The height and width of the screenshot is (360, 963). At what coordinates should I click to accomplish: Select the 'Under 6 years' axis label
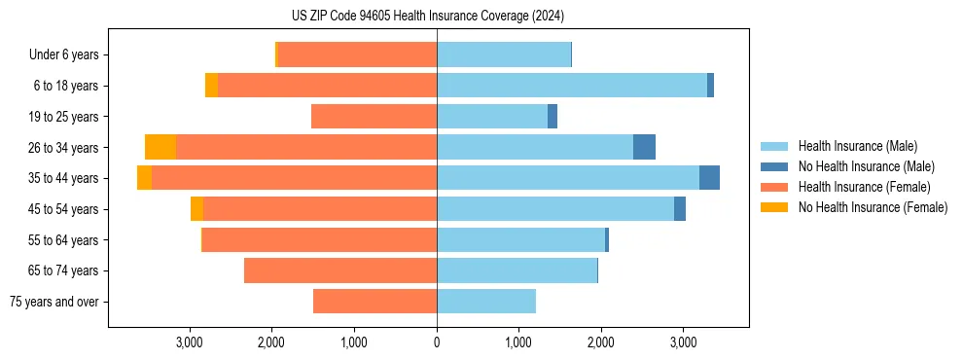coord(63,55)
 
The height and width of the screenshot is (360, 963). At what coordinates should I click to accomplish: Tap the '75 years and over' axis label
coord(54,302)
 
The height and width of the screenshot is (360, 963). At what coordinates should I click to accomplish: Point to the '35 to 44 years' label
coord(64,178)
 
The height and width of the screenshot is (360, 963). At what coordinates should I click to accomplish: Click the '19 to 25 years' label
coord(64,117)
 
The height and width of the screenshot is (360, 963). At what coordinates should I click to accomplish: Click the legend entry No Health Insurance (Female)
coord(873,207)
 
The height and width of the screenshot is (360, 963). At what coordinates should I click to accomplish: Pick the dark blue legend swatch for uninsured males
coord(774,166)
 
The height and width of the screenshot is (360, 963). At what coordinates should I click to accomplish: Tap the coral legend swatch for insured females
coord(774,187)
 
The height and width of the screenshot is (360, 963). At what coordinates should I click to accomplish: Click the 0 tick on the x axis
coord(437,342)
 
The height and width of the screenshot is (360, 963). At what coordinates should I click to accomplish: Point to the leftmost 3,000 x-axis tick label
coord(190,342)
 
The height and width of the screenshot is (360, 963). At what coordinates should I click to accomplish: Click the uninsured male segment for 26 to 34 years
coord(644,147)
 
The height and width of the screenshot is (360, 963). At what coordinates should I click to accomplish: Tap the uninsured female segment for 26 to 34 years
coord(160,147)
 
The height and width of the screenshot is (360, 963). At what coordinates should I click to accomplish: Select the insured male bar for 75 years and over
coord(486,302)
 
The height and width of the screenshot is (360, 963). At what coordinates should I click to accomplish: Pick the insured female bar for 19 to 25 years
coord(374,117)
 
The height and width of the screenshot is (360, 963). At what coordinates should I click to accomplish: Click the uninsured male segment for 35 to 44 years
coord(709,178)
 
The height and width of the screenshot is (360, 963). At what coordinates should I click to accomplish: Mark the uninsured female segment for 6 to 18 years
coord(211,86)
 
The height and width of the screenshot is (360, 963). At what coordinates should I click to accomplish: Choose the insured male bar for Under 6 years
coord(504,55)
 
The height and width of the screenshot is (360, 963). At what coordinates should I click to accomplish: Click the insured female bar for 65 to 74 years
coord(340,270)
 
